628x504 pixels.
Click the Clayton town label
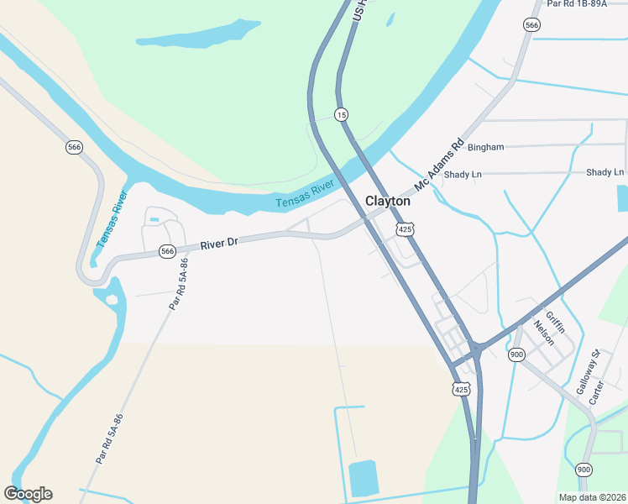point(388,202)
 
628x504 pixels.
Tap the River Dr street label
point(220,244)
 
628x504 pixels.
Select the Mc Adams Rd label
point(441,163)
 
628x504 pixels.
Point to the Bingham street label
point(486,147)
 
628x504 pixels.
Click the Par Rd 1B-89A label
point(576,4)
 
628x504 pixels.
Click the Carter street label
point(597,392)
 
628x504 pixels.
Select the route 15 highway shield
point(341,114)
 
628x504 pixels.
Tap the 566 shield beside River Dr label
point(167,250)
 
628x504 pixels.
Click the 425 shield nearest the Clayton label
point(406,229)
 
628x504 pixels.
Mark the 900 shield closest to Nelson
point(516,354)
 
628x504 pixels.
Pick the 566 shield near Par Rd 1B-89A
point(531,26)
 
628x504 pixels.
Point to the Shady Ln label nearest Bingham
point(463,175)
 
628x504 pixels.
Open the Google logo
point(28,494)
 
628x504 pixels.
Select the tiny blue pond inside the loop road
point(154,220)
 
